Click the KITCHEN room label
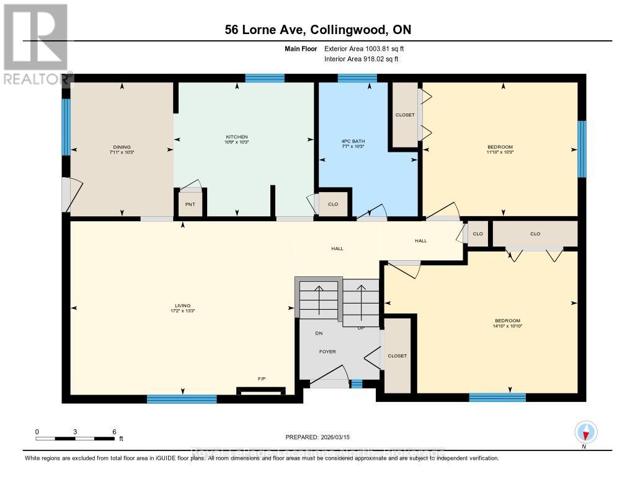(x=236, y=137)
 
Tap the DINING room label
(x=122, y=147)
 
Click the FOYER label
(x=327, y=352)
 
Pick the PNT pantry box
(x=190, y=204)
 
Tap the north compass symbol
(x=585, y=432)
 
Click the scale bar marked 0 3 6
(x=75, y=438)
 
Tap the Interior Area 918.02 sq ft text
(x=362, y=59)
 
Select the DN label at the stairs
(x=319, y=333)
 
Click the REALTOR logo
(x=35, y=43)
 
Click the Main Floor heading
(x=301, y=48)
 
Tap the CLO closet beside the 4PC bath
(x=333, y=203)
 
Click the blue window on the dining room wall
(x=66, y=127)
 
